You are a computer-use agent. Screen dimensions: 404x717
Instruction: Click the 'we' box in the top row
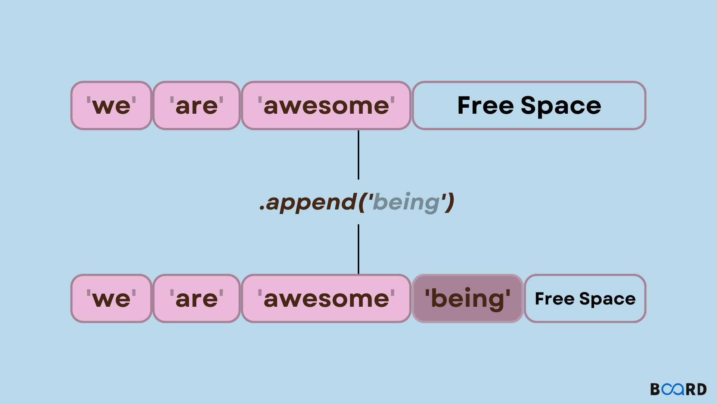click(x=111, y=106)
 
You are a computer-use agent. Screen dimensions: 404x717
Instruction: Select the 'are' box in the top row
click(x=196, y=106)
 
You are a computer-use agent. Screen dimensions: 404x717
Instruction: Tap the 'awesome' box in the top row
click(x=326, y=106)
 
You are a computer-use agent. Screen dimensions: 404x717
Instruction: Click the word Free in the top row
click(x=485, y=105)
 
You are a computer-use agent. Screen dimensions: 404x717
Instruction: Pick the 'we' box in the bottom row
click(x=111, y=299)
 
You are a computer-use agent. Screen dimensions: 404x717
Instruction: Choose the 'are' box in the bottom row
click(x=196, y=299)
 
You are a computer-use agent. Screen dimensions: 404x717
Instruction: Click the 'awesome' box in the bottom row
click(x=326, y=299)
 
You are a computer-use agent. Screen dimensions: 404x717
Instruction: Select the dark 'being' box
click(x=468, y=299)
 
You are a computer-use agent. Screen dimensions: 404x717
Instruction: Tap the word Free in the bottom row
click(x=555, y=299)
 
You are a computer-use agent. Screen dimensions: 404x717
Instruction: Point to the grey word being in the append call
click(x=406, y=202)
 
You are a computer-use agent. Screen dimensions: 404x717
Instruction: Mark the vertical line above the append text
click(x=358, y=154)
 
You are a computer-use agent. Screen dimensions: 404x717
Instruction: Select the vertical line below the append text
click(x=358, y=249)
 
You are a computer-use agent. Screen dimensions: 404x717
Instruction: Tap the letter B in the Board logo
click(x=655, y=389)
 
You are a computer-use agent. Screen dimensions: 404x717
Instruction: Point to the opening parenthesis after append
click(x=361, y=202)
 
